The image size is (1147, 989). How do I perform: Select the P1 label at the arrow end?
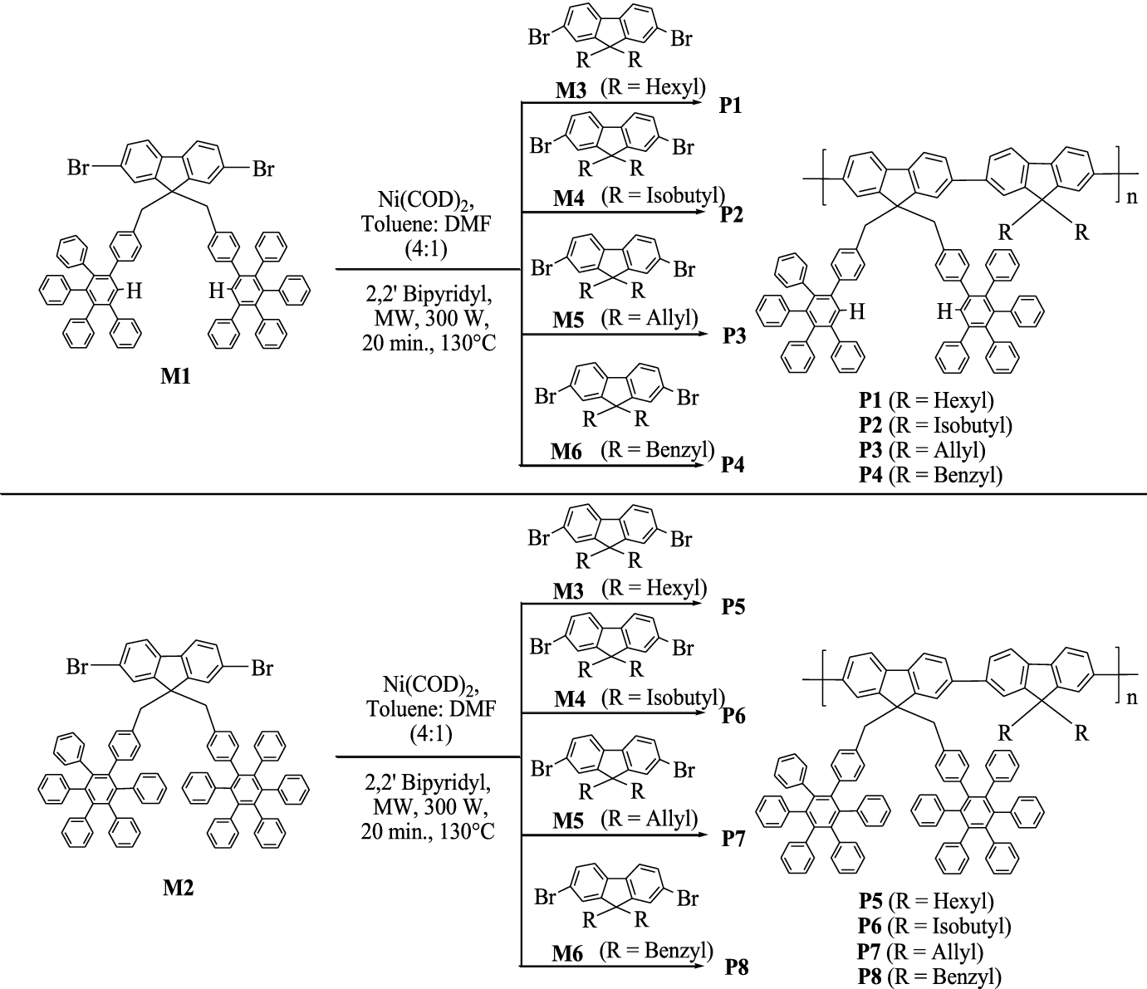pyautogui.click(x=732, y=106)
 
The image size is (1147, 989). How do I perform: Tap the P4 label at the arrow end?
pyautogui.click(x=733, y=464)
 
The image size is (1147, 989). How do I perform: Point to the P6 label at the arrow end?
pyautogui.click(x=733, y=715)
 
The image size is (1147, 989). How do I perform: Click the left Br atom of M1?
pyautogui.click(x=79, y=169)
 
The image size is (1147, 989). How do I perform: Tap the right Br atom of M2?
pyautogui.click(x=262, y=668)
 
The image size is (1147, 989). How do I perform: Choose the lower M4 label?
pyautogui.click(x=570, y=700)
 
